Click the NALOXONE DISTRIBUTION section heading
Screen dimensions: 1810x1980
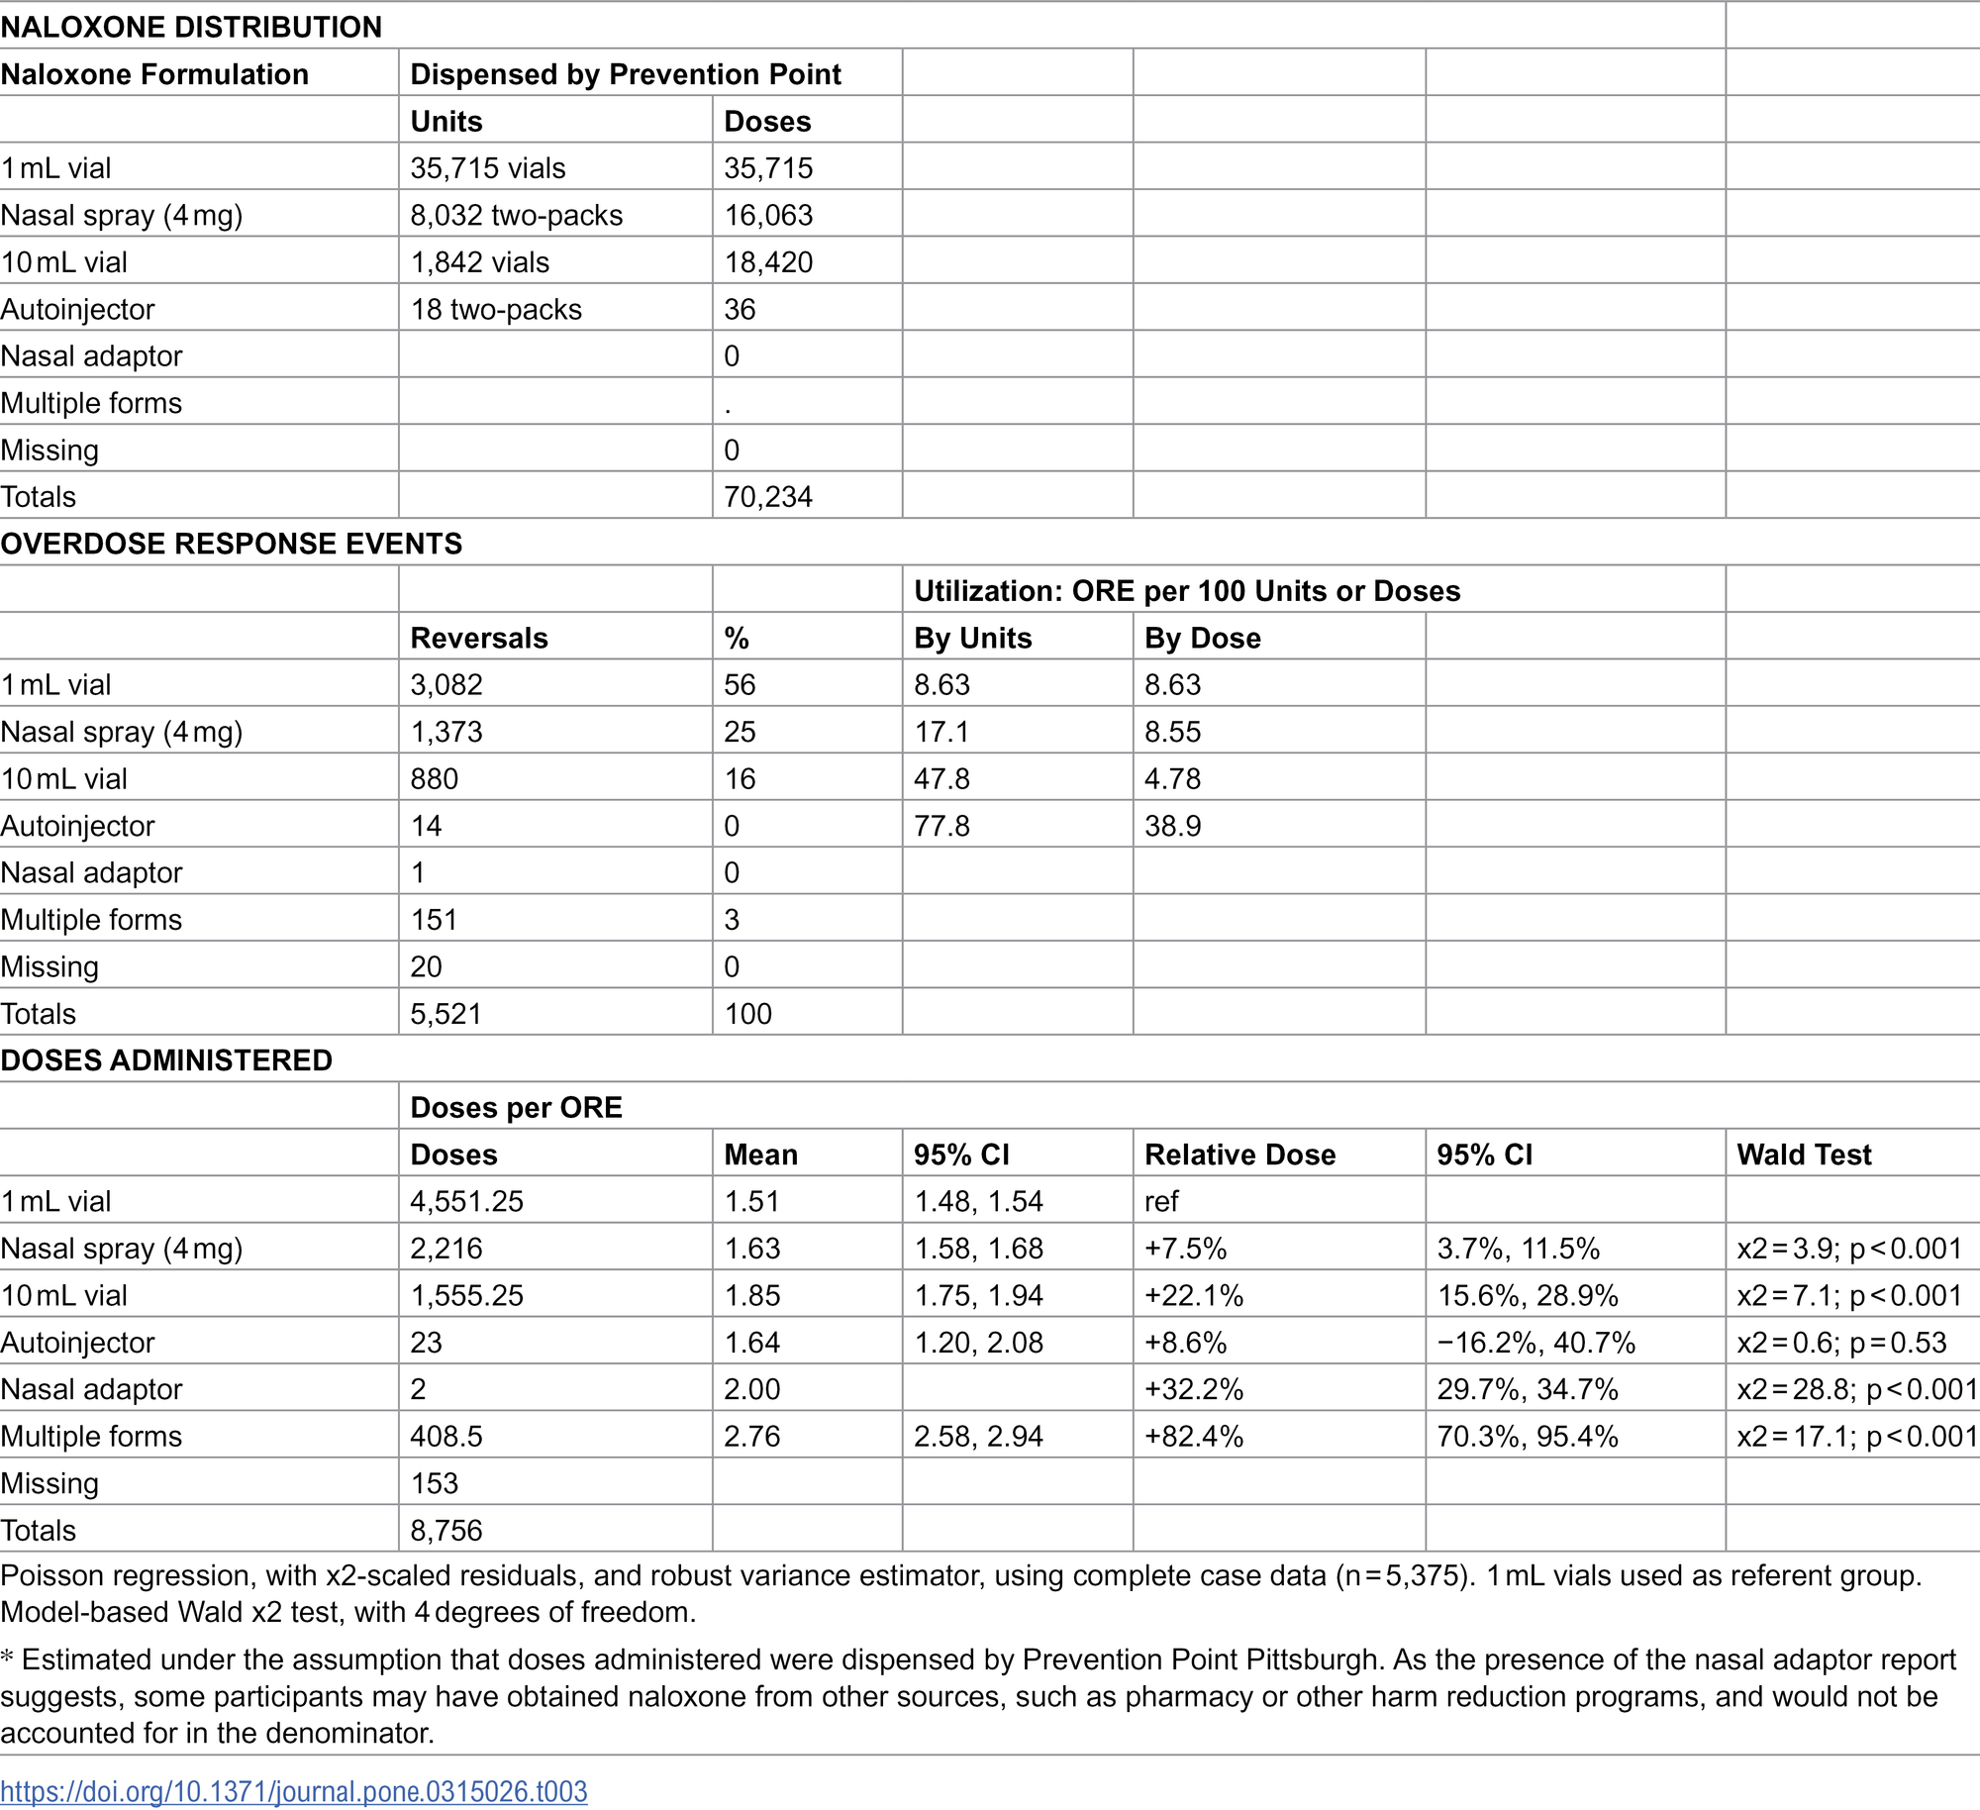coord(191,27)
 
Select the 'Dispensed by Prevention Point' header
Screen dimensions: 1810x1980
coord(625,74)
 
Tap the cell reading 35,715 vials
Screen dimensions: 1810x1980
coord(488,168)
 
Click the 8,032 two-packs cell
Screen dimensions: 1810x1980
coord(516,215)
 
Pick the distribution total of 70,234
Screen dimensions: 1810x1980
coord(767,497)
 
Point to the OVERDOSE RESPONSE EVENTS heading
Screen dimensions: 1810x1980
coord(232,544)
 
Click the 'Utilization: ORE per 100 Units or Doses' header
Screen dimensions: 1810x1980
coord(1186,591)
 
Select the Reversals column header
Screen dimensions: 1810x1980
coord(479,638)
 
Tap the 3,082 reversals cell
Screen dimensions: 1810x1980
coord(446,685)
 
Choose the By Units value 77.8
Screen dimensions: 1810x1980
coord(941,826)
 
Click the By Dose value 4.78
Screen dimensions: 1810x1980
coord(1172,779)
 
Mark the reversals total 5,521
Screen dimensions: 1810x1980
coord(445,1014)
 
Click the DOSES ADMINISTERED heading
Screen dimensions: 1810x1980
coord(166,1060)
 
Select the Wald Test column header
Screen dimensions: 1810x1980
coord(1804,1155)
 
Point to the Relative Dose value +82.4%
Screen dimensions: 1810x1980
coord(1193,1437)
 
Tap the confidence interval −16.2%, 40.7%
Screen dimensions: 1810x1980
coord(1535,1343)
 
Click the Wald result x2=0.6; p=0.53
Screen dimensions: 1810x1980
coord(1841,1343)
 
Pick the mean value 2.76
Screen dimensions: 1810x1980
coord(751,1437)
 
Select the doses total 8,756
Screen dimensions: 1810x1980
coord(446,1531)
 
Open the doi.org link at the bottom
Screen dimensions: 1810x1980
coord(294,1791)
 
